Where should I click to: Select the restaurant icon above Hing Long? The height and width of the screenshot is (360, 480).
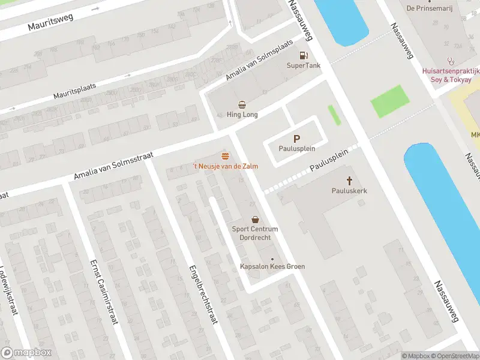(x=242, y=104)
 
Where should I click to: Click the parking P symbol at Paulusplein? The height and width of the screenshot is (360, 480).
(x=296, y=138)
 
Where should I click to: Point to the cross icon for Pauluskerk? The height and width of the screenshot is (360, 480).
(x=349, y=180)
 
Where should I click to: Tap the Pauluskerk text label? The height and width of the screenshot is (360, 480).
(x=349, y=191)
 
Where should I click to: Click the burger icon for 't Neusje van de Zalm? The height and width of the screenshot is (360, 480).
(x=225, y=155)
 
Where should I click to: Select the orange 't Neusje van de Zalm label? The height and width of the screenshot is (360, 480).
(x=225, y=166)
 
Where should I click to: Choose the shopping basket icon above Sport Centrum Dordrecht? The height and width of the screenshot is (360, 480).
(x=255, y=220)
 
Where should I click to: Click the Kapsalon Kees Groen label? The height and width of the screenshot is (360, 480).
(x=272, y=266)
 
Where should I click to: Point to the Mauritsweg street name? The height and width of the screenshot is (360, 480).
(x=50, y=23)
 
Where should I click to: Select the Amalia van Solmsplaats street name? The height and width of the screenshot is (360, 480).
(x=259, y=61)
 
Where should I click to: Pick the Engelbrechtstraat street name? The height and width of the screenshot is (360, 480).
(x=202, y=294)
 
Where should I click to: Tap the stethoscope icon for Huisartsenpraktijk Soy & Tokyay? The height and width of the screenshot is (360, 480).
(x=450, y=61)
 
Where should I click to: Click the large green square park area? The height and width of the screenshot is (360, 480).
(x=389, y=101)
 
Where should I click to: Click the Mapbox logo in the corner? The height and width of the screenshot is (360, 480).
(x=26, y=353)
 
